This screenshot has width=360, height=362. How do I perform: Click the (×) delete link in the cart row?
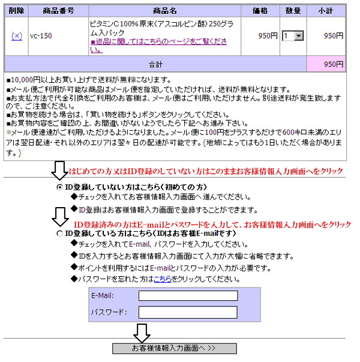click(x=17, y=36)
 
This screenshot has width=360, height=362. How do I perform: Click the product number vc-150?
click(x=41, y=36)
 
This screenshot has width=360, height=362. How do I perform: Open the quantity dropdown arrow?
click(x=299, y=36)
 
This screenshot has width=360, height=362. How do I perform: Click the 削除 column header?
click(x=16, y=11)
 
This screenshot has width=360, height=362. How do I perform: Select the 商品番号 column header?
click(x=58, y=11)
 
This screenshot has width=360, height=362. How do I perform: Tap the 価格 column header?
click(x=260, y=11)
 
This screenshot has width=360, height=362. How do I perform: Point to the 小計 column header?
click(x=326, y=11)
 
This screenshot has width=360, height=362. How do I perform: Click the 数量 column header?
click(x=293, y=11)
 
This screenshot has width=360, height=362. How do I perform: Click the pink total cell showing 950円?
click(x=326, y=64)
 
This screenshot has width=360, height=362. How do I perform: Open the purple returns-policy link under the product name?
click(x=159, y=46)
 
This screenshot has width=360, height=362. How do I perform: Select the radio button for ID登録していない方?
click(x=59, y=187)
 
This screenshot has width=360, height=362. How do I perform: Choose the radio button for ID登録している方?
click(x=59, y=234)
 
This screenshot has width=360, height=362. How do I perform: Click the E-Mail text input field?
click(x=188, y=295)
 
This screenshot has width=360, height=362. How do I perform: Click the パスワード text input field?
click(x=188, y=312)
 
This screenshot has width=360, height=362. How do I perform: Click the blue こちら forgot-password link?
click(x=163, y=279)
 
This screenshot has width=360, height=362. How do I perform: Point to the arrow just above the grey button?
click(x=142, y=333)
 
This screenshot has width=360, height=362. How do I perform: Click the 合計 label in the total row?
click(x=155, y=64)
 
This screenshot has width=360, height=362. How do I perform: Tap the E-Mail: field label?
click(x=103, y=295)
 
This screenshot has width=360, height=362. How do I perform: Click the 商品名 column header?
click(x=165, y=11)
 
